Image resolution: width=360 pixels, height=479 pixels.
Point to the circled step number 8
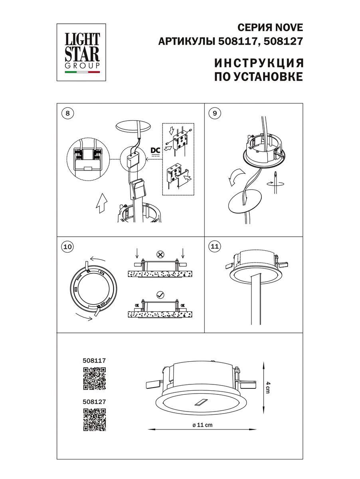[67, 113]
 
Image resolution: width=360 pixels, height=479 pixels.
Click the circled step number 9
[215, 113]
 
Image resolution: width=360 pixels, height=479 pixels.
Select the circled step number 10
[68, 247]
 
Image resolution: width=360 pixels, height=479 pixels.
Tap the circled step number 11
[215, 247]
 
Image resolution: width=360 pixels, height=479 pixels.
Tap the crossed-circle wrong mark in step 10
[160, 254]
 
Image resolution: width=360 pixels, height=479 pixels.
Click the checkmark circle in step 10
[160, 295]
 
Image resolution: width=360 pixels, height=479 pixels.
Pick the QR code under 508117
[94, 378]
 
